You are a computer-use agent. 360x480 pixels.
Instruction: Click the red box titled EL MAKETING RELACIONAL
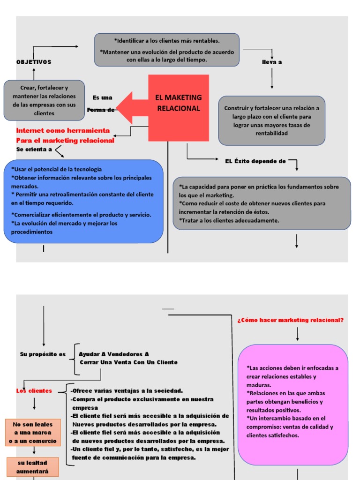[x=178, y=108]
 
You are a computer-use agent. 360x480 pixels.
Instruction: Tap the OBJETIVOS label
[x=34, y=62]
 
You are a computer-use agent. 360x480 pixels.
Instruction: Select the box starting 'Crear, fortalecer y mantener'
[x=44, y=100]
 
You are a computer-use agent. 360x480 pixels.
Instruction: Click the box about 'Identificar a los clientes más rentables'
[x=166, y=50]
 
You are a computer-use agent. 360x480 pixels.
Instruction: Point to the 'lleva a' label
[x=272, y=62]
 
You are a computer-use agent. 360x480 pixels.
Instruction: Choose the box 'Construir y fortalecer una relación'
[x=271, y=121]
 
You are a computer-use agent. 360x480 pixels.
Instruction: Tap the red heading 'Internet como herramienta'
[x=63, y=130]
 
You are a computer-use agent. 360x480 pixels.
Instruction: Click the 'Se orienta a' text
[x=34, y=149]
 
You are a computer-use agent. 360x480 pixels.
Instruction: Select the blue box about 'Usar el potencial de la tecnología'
[x=83, y=201]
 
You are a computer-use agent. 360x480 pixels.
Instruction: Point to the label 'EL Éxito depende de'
[x=255, y=161]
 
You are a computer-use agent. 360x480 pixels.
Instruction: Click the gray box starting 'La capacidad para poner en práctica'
[x=262, y=203]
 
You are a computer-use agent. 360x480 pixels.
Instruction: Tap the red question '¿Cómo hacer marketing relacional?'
[x=291, y=320]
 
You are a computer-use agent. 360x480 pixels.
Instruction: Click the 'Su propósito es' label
[x=43, y=354]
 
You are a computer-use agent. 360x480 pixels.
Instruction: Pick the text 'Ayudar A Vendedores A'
[x=114, y=354]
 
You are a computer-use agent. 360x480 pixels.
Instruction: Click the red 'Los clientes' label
[x=34, y=391]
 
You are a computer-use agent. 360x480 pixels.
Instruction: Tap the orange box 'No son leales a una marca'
[x=33, y=432]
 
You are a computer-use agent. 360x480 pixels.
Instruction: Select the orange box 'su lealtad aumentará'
[x=33, y=467]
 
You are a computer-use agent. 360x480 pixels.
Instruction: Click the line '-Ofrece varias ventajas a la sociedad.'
[x=127, y=391]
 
